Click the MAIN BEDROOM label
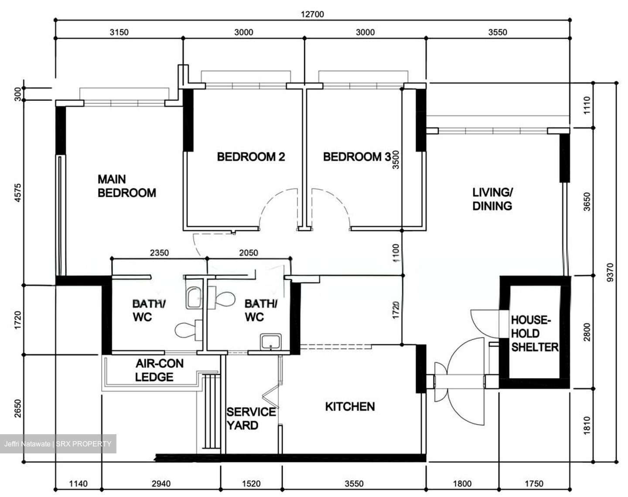[x=126, y=186]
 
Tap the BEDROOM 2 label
[x=251, y=157]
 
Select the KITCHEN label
[x=350, y=406]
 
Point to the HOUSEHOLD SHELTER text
[x=534, y=334]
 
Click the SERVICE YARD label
[x=251, y=419]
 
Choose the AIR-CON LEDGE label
[x=159, y=370]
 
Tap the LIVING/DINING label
[x=492, y=199]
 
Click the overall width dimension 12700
[x=312, y=14]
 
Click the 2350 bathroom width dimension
[x=159, y=253]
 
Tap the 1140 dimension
[x=78, y=483]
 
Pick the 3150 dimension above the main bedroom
[x=119, y=32]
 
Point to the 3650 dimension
[x=587, y=202]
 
